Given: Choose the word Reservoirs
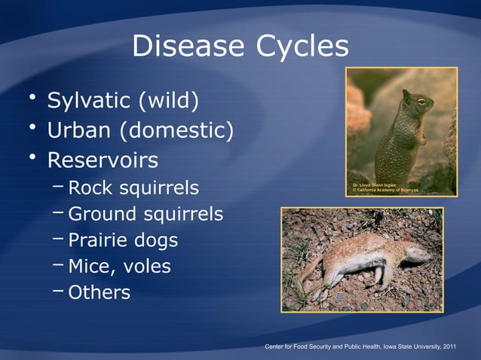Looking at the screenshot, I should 103,161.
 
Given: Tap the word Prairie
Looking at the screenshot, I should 97,240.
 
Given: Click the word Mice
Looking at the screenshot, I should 89,267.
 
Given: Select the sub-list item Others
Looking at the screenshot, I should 99,292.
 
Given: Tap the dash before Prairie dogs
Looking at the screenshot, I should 59,239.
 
